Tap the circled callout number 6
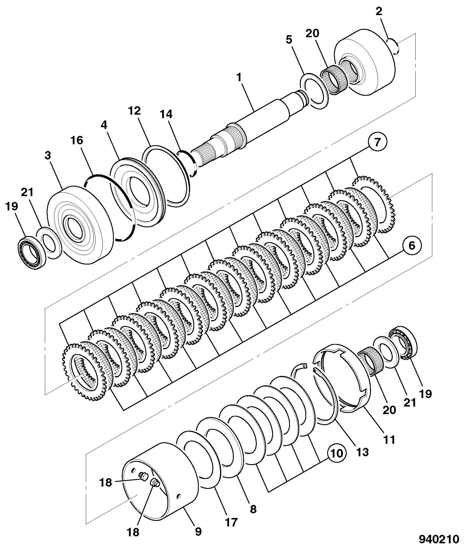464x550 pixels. pos(412,246)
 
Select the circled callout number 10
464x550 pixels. pos(337,453)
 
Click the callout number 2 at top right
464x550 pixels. pos(379,11)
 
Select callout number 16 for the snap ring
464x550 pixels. pos(77,140)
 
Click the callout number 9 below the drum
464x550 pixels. pos(198,531)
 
